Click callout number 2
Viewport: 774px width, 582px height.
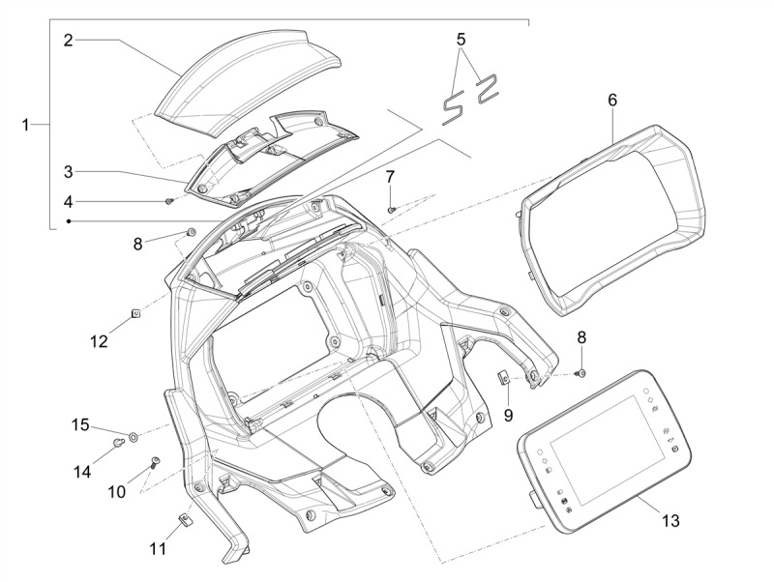[68, 40]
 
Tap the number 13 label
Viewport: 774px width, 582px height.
[670, 520]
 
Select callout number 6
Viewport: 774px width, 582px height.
[612, 100]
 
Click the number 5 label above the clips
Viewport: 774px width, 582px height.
[461, 39]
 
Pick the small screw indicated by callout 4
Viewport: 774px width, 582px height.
[169, 201]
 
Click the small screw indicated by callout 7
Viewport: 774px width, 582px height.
[392, 210]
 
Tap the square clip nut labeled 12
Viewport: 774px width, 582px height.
[136, 312]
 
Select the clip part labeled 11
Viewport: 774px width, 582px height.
[185, 519]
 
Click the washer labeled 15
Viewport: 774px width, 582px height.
[133, 437]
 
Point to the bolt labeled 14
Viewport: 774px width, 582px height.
[118, 443]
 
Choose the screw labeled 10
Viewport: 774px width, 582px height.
[156, 462]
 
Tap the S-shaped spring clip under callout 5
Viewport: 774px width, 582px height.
[453, 107]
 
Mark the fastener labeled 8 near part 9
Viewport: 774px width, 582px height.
[581, 373]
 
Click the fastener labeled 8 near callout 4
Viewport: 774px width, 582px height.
[191, 232]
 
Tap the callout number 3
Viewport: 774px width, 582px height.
[68, 172]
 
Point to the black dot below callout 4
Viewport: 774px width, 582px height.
[69, 221]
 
